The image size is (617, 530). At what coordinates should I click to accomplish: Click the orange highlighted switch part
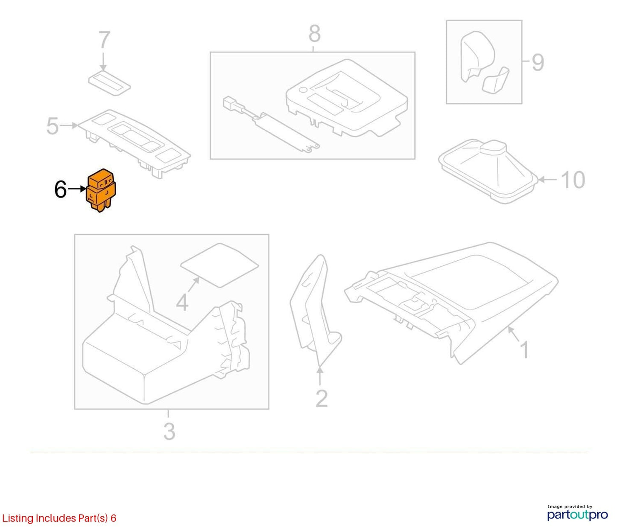click(101, 190)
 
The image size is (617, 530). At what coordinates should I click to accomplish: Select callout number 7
click(104, 40)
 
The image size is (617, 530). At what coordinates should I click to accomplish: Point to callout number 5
click(52, 126)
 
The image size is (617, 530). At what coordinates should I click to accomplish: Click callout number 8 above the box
click(315, 33)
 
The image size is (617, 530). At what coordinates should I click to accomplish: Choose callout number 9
click(538, 63)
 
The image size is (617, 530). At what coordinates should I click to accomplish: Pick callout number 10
click(573, 180)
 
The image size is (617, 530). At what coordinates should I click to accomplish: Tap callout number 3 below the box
click(169, 431)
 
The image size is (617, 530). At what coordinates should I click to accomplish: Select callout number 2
click(322, 399)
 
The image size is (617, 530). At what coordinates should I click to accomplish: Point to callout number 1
click(524, 350)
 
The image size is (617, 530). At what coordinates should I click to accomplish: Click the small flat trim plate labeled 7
click(110, 83)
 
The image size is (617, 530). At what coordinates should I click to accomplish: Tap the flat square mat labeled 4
click(220, 265)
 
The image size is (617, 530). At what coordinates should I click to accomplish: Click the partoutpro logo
click(578, 515)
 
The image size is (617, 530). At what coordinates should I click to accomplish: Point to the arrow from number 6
click(77, 189)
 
